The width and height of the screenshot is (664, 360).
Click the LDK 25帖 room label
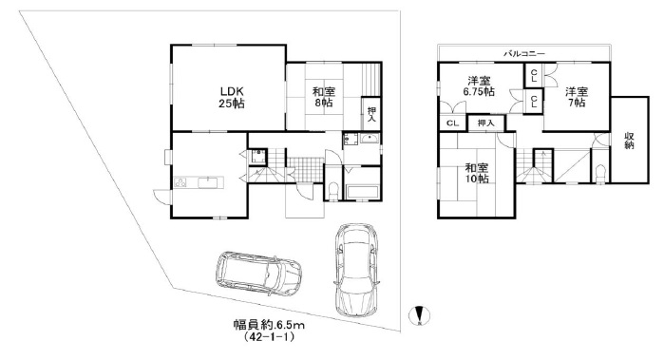click(232, 97)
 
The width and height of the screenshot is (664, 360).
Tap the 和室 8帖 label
click(324, 97)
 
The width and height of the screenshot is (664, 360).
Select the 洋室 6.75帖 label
click(479, 86)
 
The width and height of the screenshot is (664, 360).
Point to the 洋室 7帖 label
click(577, 97)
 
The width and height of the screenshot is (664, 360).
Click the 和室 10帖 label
click(477, 173)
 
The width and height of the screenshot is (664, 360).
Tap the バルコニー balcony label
click(523, 54)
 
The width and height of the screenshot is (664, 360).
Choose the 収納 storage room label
click(629, 141)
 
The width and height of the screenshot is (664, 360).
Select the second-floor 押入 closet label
click(485, 123)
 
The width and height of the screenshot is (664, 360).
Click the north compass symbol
click(419, 315)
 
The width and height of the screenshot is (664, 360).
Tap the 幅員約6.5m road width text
click(270, 325)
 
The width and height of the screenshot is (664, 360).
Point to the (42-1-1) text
click(270, 337)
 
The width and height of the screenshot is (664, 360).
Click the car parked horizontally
click(258, 274)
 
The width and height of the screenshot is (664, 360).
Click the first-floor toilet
click(333, 191)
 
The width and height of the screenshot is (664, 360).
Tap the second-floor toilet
click(599, 174)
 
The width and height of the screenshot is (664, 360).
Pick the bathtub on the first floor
click(361, 192)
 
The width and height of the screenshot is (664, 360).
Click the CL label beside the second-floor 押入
click(453, 123)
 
